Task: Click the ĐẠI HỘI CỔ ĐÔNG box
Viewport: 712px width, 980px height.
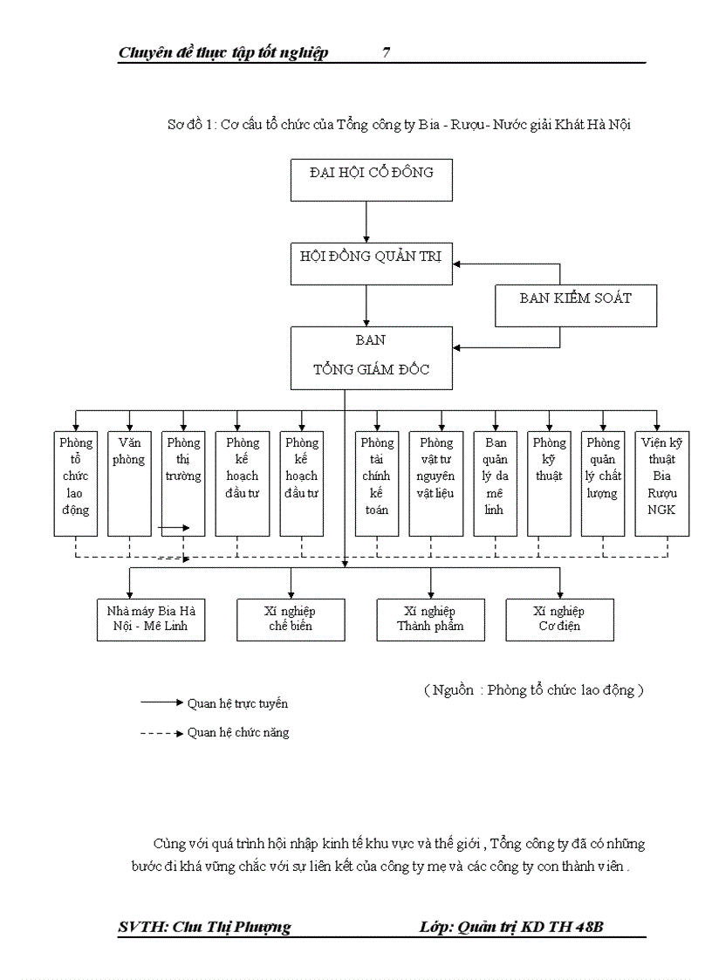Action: coord(372,181)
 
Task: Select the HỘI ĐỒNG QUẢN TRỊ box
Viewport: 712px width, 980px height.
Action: coord(372,264)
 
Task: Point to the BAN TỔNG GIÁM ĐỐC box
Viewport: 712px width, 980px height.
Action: coord(372,358)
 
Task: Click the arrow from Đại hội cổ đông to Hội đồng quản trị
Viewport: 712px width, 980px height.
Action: coord(366,223)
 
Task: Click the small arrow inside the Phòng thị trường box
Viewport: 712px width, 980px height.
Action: coord(174,527)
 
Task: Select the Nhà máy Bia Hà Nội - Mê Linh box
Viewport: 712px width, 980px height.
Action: coord(151,620)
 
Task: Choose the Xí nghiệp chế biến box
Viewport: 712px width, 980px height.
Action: coord(291,620)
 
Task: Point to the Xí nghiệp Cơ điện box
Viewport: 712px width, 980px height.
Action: coord(559,620)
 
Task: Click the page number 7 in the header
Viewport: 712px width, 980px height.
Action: coord(386,53)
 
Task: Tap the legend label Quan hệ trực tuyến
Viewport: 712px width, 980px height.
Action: coord(237,703)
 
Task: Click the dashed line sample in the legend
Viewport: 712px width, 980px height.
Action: coord(161,733)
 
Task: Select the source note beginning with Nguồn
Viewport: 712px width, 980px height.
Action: coord(533,690)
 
